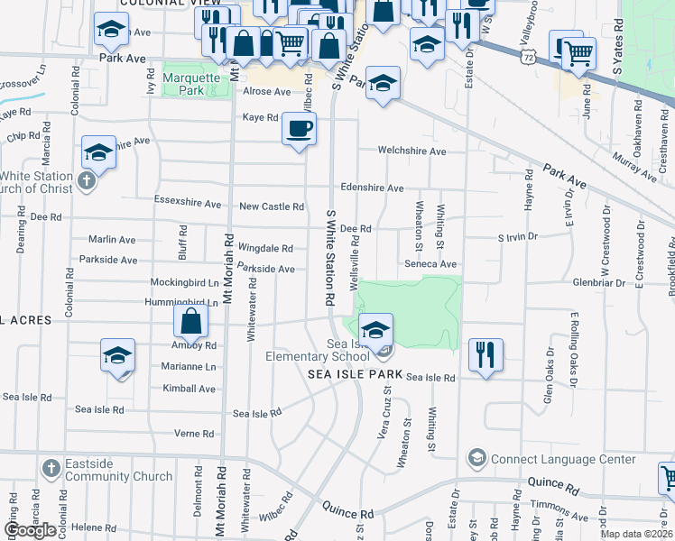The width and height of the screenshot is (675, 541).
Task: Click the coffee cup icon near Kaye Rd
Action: (x=299, y=128)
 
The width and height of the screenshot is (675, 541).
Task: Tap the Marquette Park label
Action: (x=191, y=84)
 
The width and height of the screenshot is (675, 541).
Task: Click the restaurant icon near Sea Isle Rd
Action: (x=485, y=354)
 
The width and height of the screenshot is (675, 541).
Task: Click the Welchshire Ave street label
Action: (x=412, y=151)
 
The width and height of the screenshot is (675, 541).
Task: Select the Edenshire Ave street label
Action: (x=372, y=188)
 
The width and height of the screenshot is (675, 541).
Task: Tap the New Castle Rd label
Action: (x=271, y=206)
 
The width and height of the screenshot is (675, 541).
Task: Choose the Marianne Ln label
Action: (x=189, y=367)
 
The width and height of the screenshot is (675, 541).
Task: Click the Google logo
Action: (x=31, y=530)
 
